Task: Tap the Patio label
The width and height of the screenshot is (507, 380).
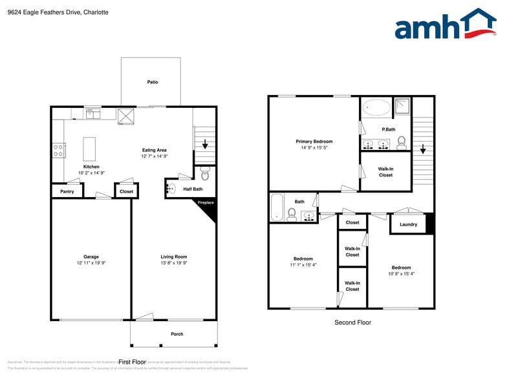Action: tap(153, 82)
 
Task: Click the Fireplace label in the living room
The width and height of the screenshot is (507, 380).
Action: tap(206, 203)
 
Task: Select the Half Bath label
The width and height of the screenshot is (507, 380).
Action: tap(193, 189)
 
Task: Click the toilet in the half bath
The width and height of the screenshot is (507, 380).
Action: tap(205, 173)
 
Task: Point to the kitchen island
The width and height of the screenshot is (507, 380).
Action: tap(89, 148)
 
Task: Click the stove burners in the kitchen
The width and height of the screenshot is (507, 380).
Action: tap(58, 151)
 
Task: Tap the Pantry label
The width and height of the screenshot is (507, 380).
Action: tap(67, 191)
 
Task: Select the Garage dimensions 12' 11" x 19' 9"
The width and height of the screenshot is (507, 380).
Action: tap(91, 263)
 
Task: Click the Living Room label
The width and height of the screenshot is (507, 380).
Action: tap(173, 257)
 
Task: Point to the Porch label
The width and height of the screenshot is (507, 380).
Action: tap(177, 334)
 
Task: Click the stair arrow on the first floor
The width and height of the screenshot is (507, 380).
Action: tap(205, 145)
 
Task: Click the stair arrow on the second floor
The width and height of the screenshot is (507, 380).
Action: tap(423, 149)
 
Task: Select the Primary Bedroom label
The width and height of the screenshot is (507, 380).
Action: tap(314, 142)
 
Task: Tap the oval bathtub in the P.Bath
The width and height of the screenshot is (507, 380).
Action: tap(376, 108)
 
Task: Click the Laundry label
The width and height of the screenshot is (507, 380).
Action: tap(408, 224)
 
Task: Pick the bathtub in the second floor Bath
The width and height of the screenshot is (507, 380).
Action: tap(277, 207)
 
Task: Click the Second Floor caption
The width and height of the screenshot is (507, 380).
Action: tap(352, 322)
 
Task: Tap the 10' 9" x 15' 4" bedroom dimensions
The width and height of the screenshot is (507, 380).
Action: tap(401, 274)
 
